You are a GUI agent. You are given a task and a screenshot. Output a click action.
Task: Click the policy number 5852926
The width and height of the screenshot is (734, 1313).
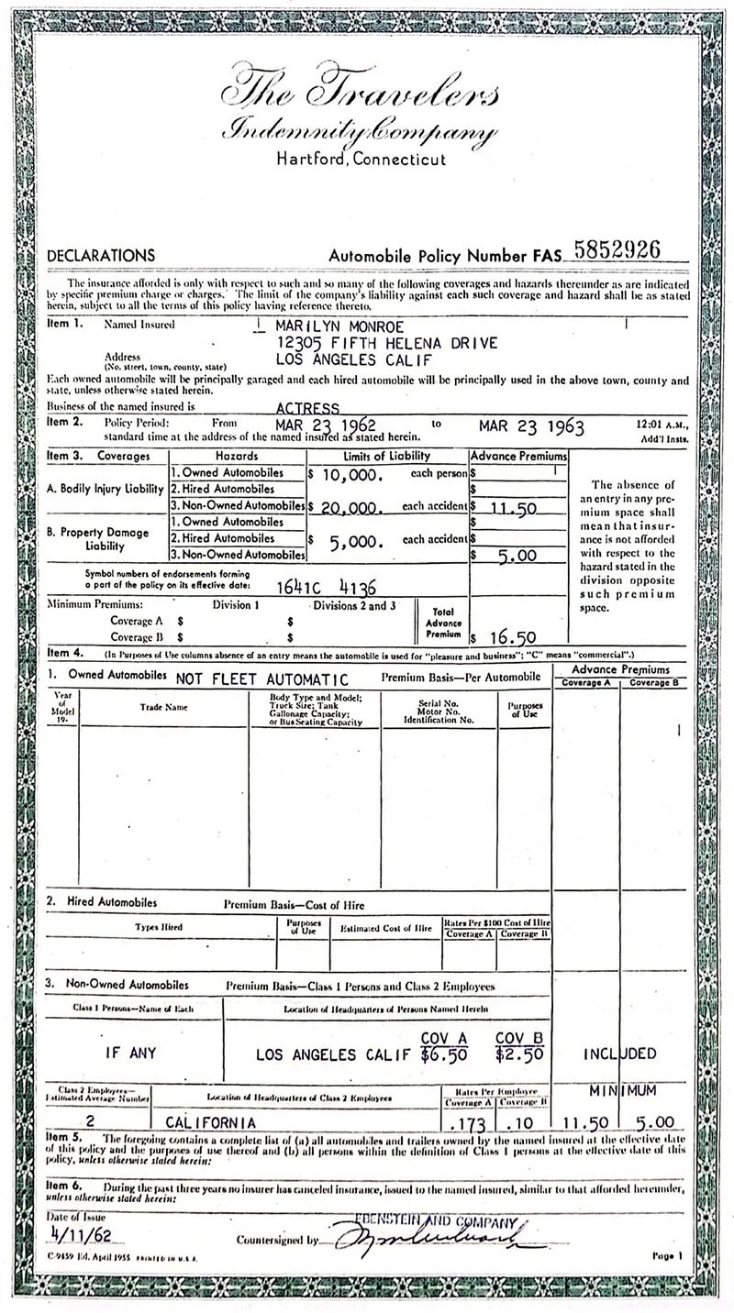617,250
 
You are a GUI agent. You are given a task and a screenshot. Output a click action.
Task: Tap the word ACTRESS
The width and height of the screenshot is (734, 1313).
308,407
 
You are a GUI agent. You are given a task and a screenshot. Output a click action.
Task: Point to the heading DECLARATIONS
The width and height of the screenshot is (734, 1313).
101,256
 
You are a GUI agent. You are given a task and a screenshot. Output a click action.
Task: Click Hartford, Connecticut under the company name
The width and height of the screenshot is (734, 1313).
361,159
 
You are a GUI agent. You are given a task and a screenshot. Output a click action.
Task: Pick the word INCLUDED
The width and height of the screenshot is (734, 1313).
619,1054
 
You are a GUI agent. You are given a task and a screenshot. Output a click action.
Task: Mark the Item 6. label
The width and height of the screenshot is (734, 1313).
62,1187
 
